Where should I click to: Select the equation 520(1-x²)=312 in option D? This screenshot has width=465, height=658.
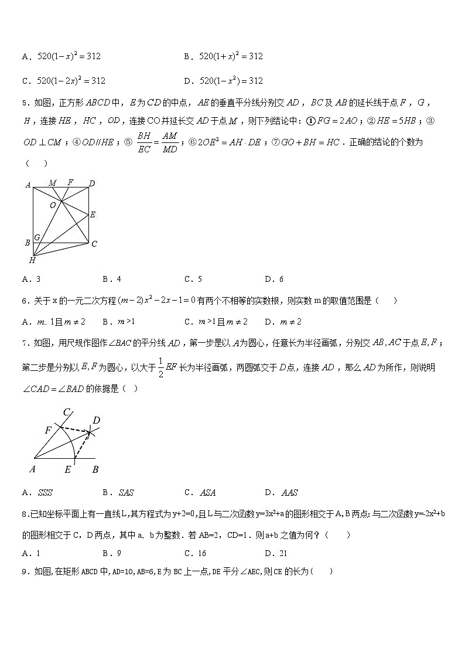(231, 81)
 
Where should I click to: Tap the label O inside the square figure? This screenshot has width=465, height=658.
(52, 205)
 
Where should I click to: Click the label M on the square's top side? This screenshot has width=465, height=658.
(53, 183)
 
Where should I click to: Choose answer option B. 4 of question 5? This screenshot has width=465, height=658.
(111, 279)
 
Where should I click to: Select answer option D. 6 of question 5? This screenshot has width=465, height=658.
(274, 279)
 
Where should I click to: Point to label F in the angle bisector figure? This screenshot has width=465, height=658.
(48, 430)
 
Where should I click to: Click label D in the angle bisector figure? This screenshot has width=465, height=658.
(97, 420)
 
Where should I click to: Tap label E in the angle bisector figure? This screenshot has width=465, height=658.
(68, 469)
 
